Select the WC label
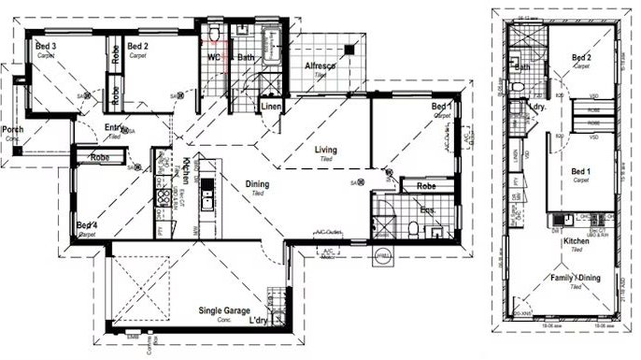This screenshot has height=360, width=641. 214,57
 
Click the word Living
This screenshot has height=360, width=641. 325,150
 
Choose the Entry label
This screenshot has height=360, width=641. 115,128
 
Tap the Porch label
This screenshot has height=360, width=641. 12,129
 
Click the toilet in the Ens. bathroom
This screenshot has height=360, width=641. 411,228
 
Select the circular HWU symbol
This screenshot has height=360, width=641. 381,256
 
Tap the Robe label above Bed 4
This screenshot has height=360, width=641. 100,158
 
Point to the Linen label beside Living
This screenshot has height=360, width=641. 271,108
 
